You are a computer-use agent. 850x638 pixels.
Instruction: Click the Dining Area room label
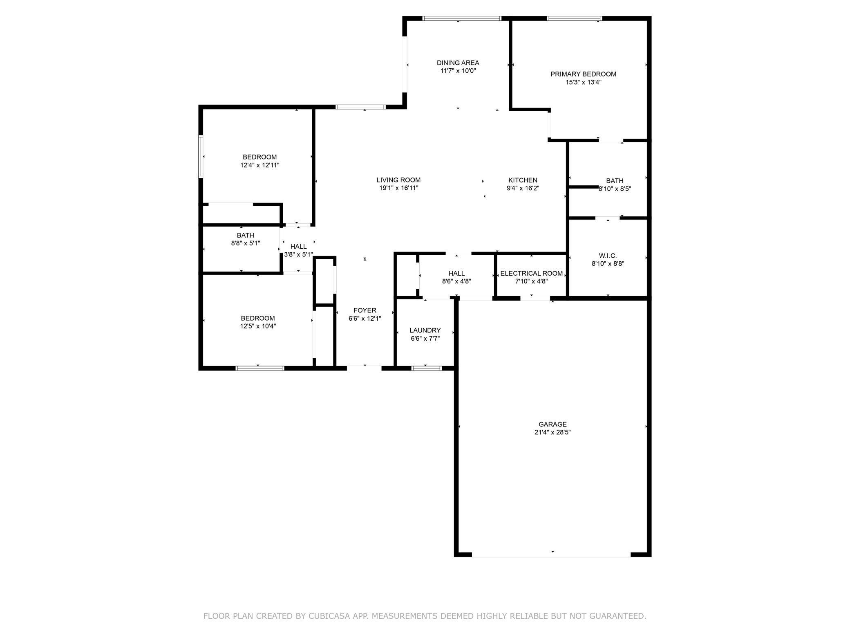pos(458,63)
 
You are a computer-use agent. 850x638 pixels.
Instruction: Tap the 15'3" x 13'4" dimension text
pos(583,82)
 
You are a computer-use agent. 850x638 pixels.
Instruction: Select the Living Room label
pos(398,180)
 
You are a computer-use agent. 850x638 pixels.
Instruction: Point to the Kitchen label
pos(523,180)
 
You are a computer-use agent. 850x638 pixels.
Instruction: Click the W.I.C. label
pos(608,256)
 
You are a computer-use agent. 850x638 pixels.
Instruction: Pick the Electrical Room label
pos(531,273)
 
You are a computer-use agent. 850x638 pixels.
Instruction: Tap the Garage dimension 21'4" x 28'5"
pos(552,432)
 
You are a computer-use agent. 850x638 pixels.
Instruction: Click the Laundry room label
pos(425,330)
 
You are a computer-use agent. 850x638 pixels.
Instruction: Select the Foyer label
pos(365,310)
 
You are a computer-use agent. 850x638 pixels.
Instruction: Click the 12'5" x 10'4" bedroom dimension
pos(258,326)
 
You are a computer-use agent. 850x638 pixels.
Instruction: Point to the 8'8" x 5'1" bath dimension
pos(245,243)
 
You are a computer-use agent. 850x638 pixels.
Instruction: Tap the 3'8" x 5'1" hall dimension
pos(298,254)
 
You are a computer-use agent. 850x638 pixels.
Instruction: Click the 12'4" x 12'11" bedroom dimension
pos(259,165)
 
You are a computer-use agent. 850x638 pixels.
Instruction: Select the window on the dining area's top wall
pos(461,18)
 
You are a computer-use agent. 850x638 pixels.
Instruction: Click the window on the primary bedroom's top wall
pos(574,18)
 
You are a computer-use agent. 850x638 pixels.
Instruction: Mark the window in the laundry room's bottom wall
pos(426,368)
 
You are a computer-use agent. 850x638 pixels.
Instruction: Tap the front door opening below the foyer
pos(364,367)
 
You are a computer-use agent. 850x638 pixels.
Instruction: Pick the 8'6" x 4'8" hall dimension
pos(456,281)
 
